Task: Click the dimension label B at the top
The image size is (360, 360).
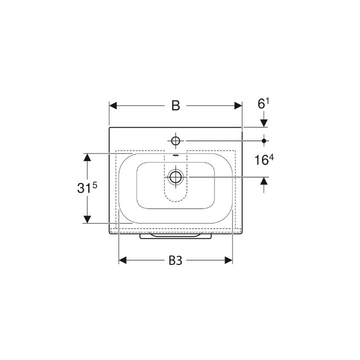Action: pos(175,106)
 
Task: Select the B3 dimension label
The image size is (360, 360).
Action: pos(175,260)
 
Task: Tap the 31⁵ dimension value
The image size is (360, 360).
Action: pos(87,188)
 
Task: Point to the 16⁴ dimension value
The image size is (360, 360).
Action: pos(264,159)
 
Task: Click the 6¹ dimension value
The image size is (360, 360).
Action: pos(263,103)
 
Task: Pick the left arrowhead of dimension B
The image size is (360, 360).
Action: pos(113,106)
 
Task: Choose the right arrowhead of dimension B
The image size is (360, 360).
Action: pos(238,106)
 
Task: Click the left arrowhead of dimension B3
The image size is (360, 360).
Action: pos(122,260)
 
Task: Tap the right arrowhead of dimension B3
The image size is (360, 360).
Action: pos(228,260)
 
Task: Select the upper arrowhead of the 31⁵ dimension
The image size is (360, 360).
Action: pos(87,157)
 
